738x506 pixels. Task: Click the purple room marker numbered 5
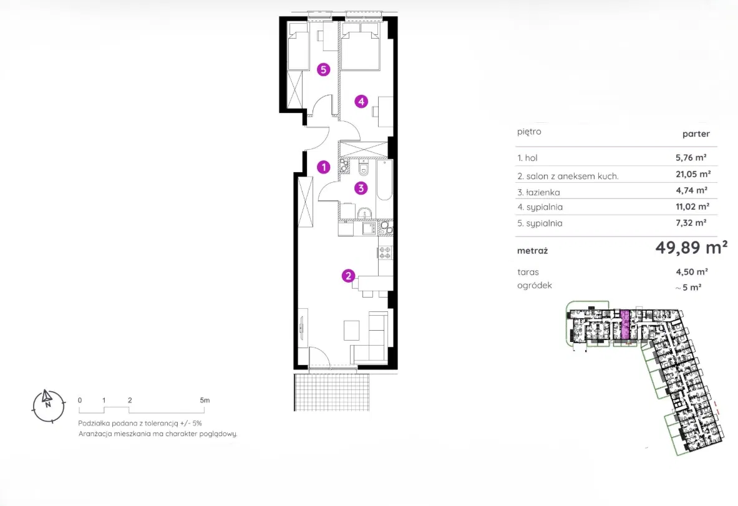(x=323, y=70)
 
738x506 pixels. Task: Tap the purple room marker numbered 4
(x=361, y=101)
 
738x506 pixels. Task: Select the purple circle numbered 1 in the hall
(x=323, y=167)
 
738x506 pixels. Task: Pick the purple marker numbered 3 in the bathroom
(x=361, y=188)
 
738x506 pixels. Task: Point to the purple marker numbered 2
(x=348, y=276)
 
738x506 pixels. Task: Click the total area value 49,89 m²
(x=691, y=247)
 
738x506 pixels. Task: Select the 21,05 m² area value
(x=693, y=174)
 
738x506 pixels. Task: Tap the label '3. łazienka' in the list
(x=538, y=192)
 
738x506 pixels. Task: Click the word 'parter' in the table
(x=696, y=134)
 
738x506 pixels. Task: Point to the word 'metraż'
(x=532, y=251)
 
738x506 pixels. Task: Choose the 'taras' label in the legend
(x=528, y=272)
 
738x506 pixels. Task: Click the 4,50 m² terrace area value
(x=692, y=271)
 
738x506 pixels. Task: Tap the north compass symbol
(x=49, y=406)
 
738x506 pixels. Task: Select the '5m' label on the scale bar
(x=205, y=400)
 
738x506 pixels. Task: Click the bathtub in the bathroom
(x=384, y=180)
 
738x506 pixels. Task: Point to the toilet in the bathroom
(x=364, y=168)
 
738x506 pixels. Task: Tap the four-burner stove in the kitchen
(x=385, y=253)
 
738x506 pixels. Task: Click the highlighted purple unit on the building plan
(x=624, y=325)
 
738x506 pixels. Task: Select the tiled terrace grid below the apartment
(x=332, y=392)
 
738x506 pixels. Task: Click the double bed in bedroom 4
(x=361, y=47)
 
